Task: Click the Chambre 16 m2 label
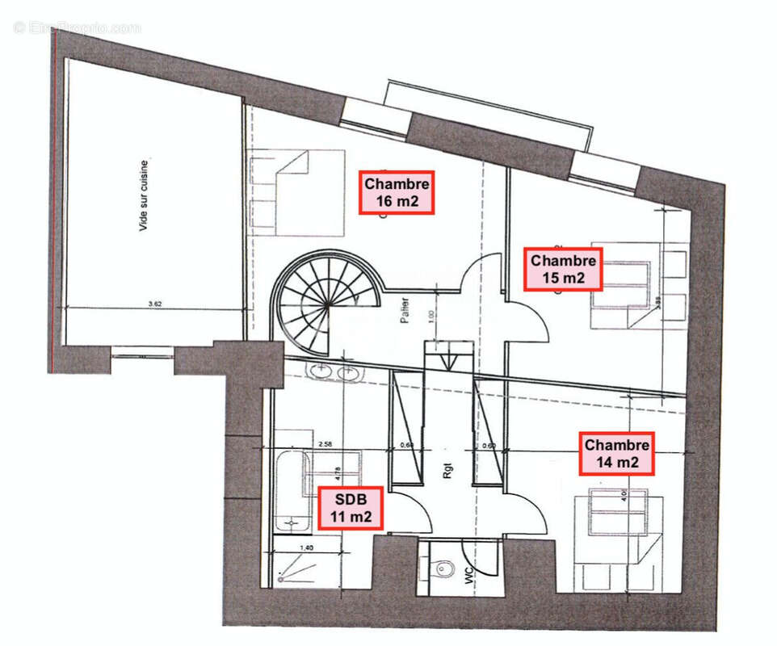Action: click(x=397, y=192)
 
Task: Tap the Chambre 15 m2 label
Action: click(x=563, y=270)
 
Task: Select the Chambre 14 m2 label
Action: click(x=617, y=453)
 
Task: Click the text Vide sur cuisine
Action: click(x=144, y=196)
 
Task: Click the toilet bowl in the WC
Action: click(x=443, y=569)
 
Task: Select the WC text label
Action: click(x=468, y=576)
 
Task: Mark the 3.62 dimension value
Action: click(x=156, y=304)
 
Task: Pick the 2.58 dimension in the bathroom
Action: click(x=326, y=443)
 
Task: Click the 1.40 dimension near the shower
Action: click(x=306, y=548)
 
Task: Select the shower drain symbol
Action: click(x=280, y=578)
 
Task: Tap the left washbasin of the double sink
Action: click(x=321, y=371)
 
